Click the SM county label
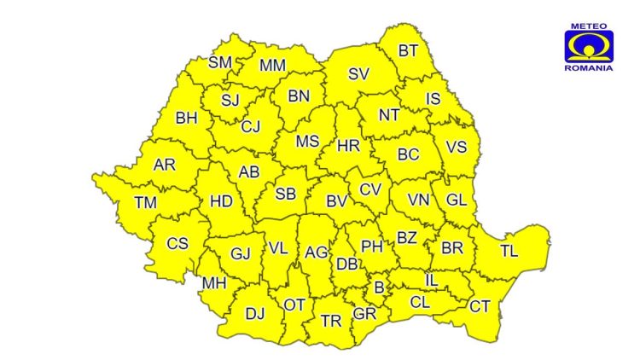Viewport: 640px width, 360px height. [220, 62]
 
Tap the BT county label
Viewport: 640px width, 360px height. [408, 50]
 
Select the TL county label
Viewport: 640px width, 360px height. [509, 251]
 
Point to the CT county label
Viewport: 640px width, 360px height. [480, 306]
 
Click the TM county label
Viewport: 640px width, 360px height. [146, 203]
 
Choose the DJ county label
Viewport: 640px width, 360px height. [255, 314]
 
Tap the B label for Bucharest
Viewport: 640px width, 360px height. [380, 287]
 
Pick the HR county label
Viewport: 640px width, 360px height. [348, 145]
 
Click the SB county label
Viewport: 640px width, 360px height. [285, 194]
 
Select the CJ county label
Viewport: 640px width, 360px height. [250, 127]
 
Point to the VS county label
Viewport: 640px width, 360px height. [457, 147]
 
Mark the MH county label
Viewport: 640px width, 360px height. [213, 283]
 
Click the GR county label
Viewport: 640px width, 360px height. [364, 314]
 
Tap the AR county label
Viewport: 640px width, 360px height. [164, 165]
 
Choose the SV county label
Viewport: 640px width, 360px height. [358, 74]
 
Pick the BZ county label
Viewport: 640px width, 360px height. [407, 238]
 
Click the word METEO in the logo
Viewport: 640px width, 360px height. [588, 26]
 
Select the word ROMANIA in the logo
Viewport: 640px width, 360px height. [588, 67]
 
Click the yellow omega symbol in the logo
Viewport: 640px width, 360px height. [588, 46]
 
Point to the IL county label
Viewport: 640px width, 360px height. [432, 280]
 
